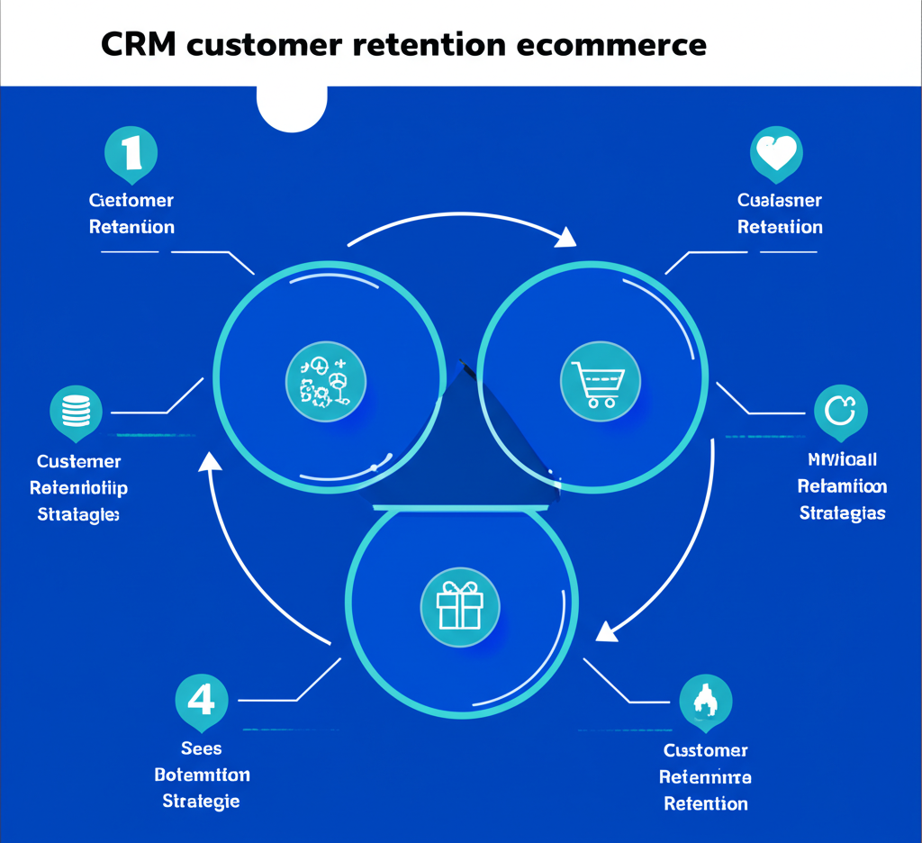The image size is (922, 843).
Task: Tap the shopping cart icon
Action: (600, 381)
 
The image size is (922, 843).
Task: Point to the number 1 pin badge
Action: (131, 153)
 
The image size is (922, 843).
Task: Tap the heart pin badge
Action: (776, 154)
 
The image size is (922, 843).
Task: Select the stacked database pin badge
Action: (76, 412)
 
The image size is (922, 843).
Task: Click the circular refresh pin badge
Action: (840, 412)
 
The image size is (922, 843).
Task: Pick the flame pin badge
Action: (705, 702)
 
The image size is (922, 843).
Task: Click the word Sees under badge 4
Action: (201, 748)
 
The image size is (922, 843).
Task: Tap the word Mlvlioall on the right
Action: (842, 460)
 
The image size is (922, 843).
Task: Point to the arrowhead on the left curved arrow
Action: (210, 462)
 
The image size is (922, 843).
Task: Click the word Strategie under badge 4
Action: (201, 800)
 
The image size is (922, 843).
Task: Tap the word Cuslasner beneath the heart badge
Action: (779, 201)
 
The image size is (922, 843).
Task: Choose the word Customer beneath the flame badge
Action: (705, 750)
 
